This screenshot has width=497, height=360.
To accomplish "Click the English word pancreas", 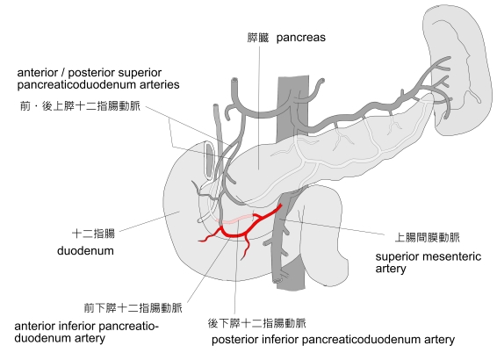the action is tap(301, 38).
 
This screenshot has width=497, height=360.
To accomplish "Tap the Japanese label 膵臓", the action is tap(257, 38).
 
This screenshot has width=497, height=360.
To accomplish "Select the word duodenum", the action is tap(85, 250).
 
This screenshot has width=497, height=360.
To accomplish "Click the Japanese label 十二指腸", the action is tap(93, 234).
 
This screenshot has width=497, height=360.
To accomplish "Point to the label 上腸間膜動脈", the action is tap(427, 237).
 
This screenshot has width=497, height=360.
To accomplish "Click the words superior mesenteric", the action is tap(429, 256).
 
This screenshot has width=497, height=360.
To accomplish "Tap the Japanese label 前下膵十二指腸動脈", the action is tap(133, 307).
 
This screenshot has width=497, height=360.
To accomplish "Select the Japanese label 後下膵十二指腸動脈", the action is tap(257, 323).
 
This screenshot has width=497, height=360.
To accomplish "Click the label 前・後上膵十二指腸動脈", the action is tap(80, 106).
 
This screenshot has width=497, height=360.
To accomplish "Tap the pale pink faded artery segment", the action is tap(234, 219).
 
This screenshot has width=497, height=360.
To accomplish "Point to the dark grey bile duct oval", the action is tap(210, 160).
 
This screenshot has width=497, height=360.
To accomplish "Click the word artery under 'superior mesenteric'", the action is tap(391, 269).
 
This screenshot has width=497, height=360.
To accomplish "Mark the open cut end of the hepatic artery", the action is tap(234, 81).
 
